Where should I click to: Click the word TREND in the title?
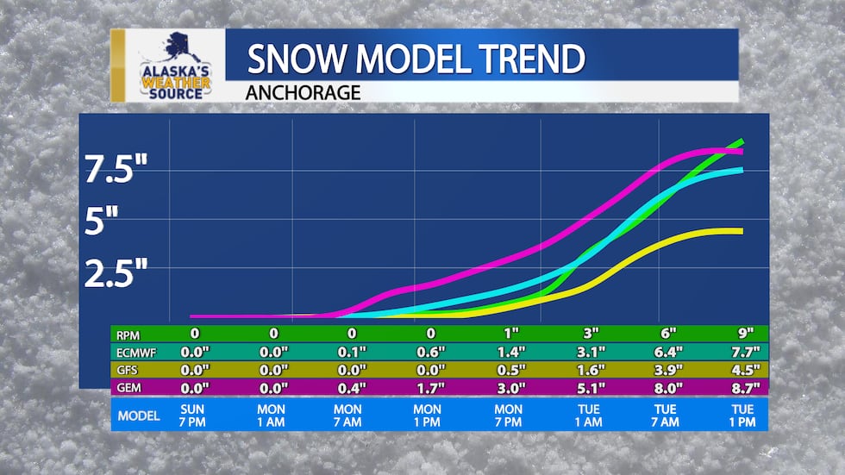point(525,59)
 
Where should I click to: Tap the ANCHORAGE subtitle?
point(304,91)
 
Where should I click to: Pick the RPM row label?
point(130,334)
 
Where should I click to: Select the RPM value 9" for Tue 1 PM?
point(746,334)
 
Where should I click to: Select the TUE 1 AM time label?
point(591,416)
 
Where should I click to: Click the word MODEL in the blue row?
point(138,416)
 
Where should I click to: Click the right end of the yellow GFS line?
point(740,230)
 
